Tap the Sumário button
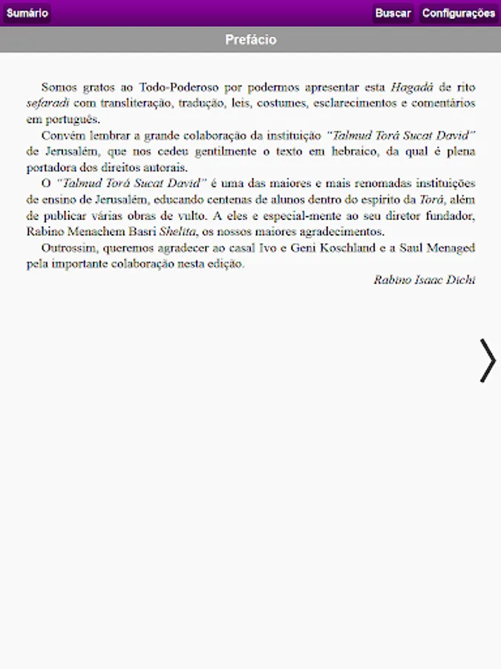pos(27,13)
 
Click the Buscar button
pos(393,13)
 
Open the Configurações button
pos(459,13)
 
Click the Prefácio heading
pos(251,40)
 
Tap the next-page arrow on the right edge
pos(487,361)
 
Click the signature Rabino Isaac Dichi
pos(425,280)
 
